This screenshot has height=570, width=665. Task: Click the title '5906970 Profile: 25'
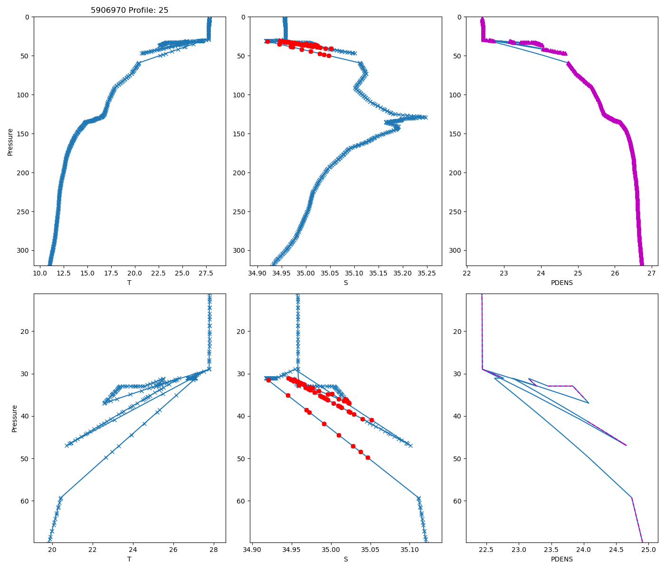(130, 10)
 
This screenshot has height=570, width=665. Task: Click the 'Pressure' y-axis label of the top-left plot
(10, 142)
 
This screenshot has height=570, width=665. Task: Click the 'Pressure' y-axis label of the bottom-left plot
(14, 418)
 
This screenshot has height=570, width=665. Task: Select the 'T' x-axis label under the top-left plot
(129, 283)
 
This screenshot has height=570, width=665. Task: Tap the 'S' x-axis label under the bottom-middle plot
(346, 559)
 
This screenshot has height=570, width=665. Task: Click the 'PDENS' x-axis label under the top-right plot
(562, 283)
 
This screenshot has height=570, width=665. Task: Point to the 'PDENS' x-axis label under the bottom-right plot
(562, 559)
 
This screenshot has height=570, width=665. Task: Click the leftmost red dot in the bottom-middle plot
(268, 380)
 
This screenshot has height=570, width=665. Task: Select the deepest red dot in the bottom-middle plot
(368, 457)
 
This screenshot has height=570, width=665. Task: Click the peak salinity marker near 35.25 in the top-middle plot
(425, 117)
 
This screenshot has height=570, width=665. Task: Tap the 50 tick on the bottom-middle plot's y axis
(243, 458)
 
